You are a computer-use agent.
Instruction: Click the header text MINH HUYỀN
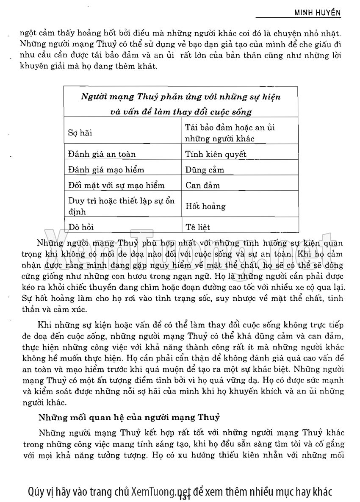click(x=318, y=13)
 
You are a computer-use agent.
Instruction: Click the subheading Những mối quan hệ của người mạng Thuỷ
click(x=129, y=417)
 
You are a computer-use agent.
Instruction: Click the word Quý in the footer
click(x=36, y=491)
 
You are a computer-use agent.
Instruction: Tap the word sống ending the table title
click(x=242, y=112)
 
